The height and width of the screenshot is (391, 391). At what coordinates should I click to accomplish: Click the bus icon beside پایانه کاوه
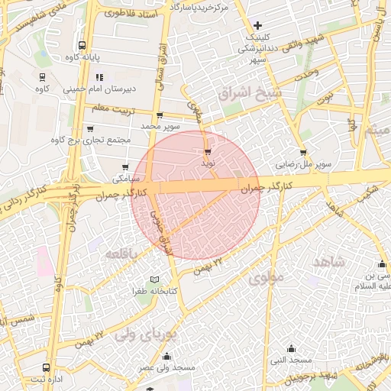pyautogui.click(x=82, y=45)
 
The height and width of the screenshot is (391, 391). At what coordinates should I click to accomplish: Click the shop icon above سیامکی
pyautogui.click(x=126, y=167)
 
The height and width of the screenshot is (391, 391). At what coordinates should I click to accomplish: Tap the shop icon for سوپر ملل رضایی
pyautogui.click(x=304, y=152)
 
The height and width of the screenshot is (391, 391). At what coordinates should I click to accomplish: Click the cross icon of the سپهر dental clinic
pyautogui.click(x=257, y=25)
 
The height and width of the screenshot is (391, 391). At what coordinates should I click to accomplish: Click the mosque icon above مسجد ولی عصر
pyautogui.click(x=167, y=355)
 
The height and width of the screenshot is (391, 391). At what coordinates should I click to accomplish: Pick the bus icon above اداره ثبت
pyautogui.click(x=47, y=367)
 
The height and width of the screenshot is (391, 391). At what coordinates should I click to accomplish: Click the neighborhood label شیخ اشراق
pyautogui.click(x=250, y=93)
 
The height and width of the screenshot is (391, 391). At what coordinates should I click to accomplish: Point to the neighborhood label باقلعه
pyautogui.click(x=122, y=253)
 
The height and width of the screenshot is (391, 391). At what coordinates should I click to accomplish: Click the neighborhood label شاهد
pyautogui.click(x=329, y=261)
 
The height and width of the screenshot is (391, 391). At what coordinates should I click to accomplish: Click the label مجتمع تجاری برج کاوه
pyautogui.click(x=90, y=140)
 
